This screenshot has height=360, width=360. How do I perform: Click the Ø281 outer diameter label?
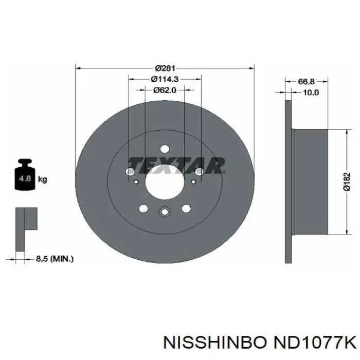pos(165,68)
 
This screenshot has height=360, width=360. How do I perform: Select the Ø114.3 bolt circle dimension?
pos(165,79)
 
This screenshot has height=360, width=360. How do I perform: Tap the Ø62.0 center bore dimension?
pos(165,90)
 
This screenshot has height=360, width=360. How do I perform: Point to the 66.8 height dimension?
pos(306,81)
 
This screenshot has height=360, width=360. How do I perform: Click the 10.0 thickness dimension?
pos(311,93)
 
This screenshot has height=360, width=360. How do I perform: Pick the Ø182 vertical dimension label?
pos(347,182)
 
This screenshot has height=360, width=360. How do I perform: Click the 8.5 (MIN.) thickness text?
pos(55,259)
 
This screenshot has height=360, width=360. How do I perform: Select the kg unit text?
pos(42,179)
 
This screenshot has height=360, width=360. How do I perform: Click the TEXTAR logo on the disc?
pos(176,165)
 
